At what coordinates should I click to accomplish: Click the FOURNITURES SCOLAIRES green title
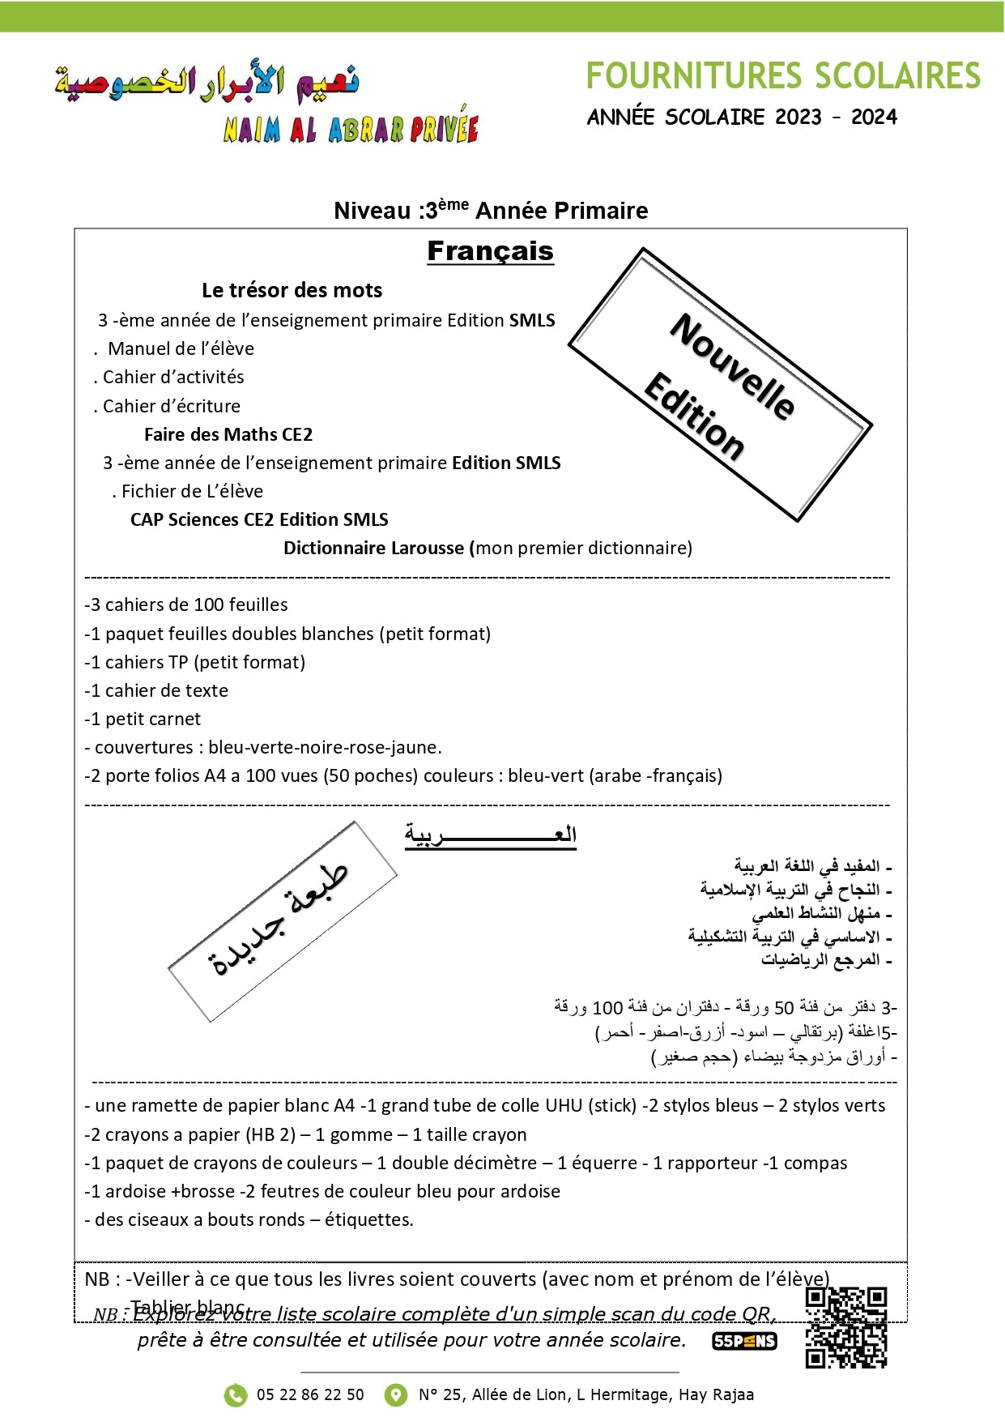click(x=782, y=76)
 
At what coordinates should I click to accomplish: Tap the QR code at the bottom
click(x=846, y=1327)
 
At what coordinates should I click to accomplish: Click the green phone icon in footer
click(x=235, y=1394)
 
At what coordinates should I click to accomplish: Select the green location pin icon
click(x=395, y=1394)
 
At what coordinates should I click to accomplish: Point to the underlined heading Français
click(x=490, y=252)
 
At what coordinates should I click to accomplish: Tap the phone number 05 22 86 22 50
click(x=310, y=1394)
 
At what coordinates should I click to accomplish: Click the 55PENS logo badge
click(x=744, y=1341)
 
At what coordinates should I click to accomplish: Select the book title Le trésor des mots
click(x=292, y=290)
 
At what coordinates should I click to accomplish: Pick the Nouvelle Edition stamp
click(x=720, y=385)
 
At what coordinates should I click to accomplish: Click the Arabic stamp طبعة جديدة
click(x=282, y=921)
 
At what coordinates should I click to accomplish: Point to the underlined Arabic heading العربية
click(x=491, y=835)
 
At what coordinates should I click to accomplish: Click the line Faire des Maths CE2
click(x=228, y=434)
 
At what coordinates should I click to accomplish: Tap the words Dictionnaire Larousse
click(x=375, y=548)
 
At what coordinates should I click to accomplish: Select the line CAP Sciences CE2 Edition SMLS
click(x=259, y=519)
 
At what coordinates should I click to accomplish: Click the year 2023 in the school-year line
click(x=798, y=117)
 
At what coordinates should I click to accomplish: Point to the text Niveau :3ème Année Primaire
click(x=491, y=210)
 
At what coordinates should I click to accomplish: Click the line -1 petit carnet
click(x=143, y=719)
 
